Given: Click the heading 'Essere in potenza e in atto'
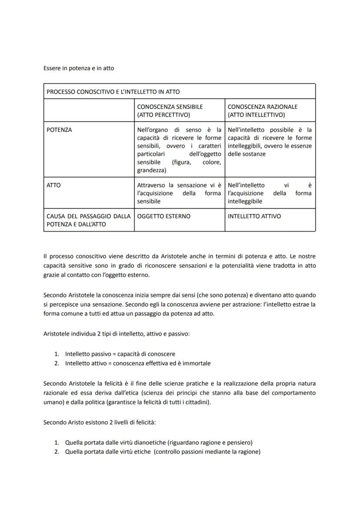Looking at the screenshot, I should click(x=79, y=68).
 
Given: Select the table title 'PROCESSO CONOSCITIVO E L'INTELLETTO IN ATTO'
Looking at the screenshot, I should click(x=113, y=92).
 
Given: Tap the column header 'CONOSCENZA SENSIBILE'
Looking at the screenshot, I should click(x=170, y=106).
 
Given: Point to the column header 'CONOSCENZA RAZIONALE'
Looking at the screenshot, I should click(x=263, y=106).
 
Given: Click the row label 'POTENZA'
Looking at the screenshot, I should click(x=59, y=130).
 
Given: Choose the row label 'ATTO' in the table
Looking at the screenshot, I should click(x=53, y=185).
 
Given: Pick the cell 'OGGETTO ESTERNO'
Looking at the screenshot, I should click(x=163, y=216).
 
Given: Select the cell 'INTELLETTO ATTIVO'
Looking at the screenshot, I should click(x=254, y=216).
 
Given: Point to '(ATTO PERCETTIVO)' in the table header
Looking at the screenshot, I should click(x=163, y=115).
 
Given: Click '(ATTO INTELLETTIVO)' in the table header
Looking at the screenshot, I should click(x=256, y=115).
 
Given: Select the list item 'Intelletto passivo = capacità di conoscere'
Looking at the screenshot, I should click(x=120, y=354).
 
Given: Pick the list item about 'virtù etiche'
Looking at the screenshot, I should click(x=163, y=452).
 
